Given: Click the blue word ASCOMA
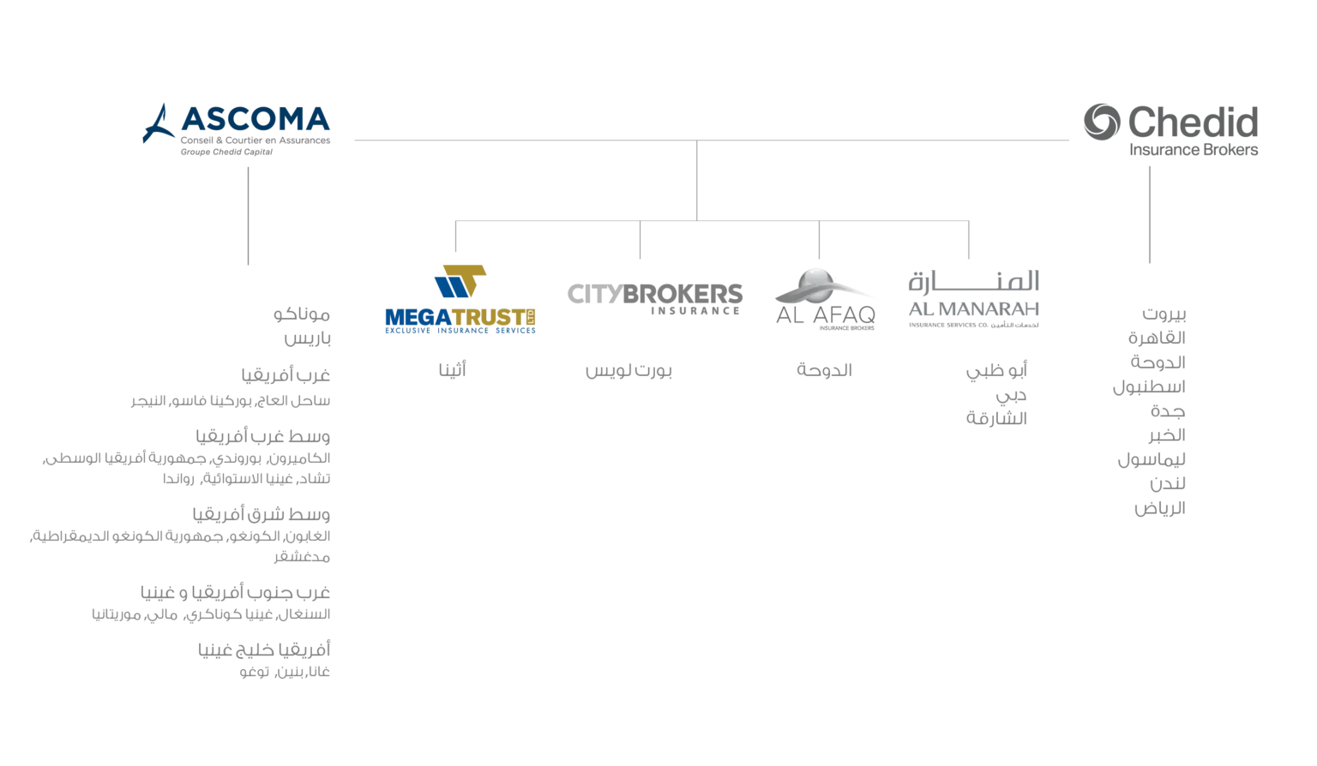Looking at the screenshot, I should [x=255, y=118].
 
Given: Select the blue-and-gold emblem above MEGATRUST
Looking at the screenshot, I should [x=460, y=281].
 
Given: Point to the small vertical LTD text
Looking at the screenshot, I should [x=534, y=318].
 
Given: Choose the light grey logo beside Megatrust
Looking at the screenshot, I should [x=654, y=296].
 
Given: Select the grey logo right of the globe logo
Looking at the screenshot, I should [x=973, y=298].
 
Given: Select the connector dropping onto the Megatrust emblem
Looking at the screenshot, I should [x=455, y=240].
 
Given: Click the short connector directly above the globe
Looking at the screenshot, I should [x=820, y=242].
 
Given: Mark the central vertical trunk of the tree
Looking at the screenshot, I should [x=697, y=181].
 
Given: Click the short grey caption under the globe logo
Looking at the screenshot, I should [x=825, y=370].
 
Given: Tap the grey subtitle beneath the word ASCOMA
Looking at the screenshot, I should [x=226, y=149].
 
